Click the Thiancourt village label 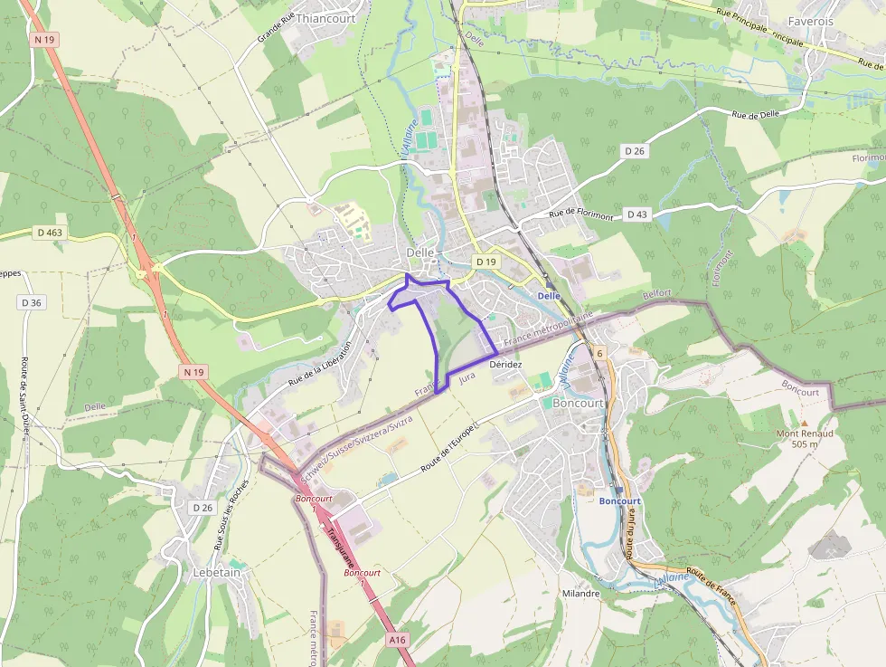pos(325,18)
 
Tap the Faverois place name pos(810,21)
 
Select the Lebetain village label pos(217,572)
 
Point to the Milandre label pos(580,594)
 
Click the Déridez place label pos(505,364)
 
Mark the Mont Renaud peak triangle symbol pos(805,423)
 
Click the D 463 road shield pos(52,233)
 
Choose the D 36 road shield pos(32,302)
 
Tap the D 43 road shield pos(637,214)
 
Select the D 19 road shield pos(485,262)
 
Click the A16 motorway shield pos(398,640)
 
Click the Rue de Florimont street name pos(580,214)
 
